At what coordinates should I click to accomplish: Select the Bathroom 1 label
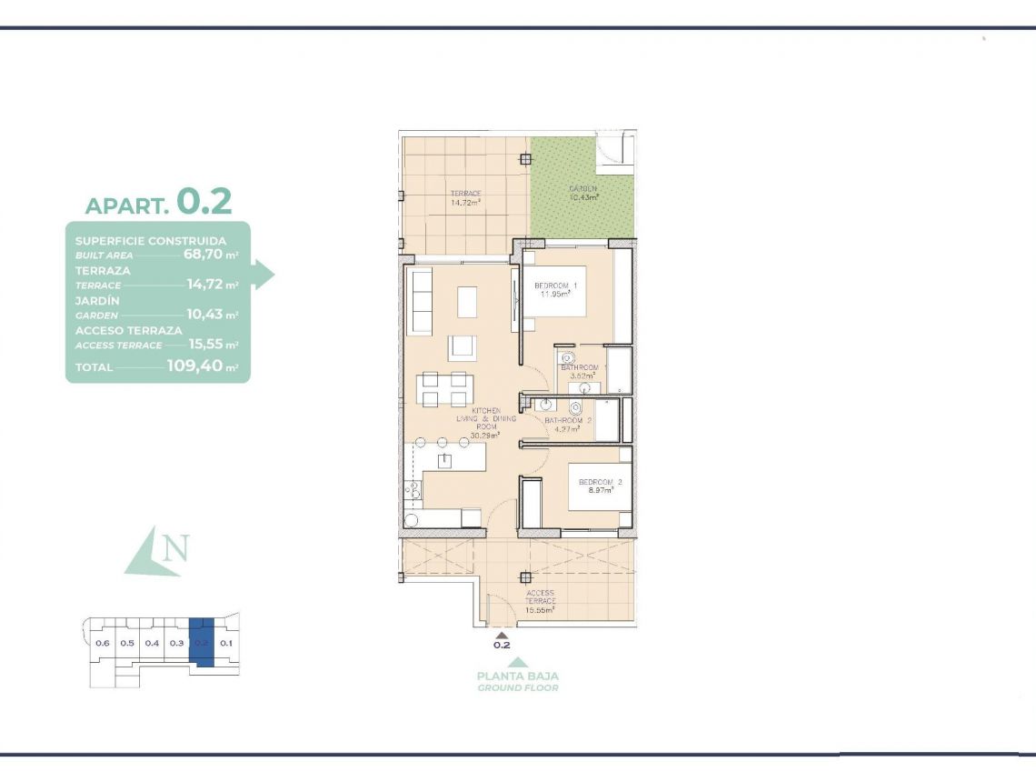point(579,367)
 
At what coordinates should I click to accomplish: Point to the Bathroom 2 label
point(568,421)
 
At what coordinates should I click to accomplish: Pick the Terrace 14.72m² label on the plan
point(465,198)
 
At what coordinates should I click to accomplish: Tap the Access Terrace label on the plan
point(540,601)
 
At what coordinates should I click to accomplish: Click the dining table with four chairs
point(443,388)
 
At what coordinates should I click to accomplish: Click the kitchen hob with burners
point(413,490)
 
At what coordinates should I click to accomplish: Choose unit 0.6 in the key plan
point(102,643)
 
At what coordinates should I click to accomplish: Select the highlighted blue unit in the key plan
point(203,642)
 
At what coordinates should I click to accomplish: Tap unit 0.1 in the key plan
point(226,643)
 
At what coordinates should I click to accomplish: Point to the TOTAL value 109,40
point(194,366)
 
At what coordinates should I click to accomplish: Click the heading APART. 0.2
point(158,202)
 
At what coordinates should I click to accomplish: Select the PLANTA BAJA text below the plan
point(518,676)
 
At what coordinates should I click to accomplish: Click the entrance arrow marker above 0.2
point(501,634)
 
